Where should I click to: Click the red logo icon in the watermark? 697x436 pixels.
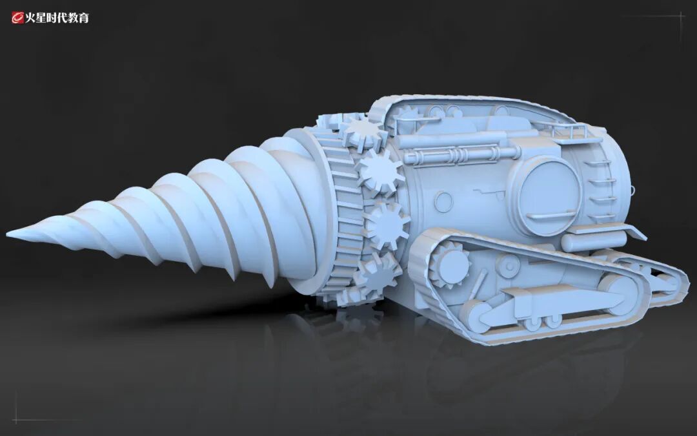click(17, 17)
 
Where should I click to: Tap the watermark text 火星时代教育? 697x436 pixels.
click(57, 18)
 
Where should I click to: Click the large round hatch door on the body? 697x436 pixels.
click(549, 195)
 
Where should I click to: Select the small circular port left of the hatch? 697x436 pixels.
click(443, 202)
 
